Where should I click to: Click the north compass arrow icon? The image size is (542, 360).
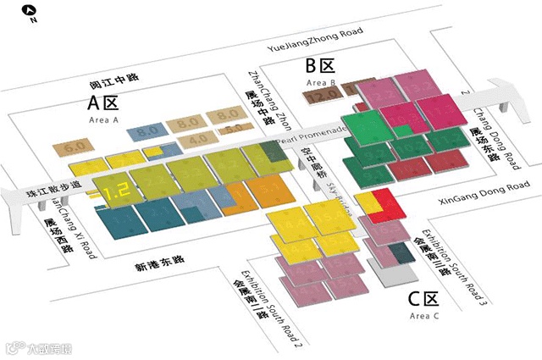[30, 12]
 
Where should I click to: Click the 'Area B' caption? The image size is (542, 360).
[321, 83]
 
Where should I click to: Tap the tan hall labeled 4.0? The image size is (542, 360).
[198, 139]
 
